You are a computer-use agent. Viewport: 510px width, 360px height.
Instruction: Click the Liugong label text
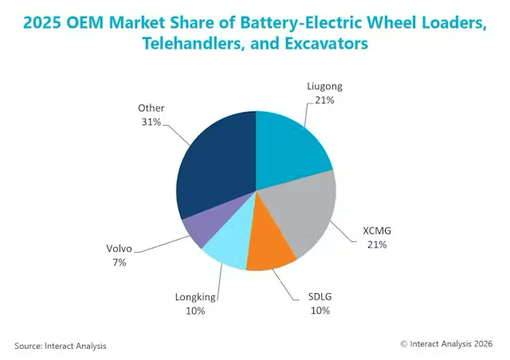324,86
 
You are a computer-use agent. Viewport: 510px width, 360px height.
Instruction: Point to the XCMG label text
377,230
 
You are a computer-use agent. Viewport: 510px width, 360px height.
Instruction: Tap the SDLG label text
320,296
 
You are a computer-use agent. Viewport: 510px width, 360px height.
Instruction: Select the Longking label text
195,297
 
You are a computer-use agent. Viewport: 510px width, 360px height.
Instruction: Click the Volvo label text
119,248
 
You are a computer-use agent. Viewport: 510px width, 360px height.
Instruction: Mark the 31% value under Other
151,122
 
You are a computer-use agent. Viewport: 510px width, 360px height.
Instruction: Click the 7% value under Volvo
120,263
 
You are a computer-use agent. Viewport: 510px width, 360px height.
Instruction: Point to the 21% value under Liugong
324,100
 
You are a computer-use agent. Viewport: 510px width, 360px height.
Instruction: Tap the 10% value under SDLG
320,311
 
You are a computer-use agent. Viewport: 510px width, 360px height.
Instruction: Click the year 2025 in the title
42,23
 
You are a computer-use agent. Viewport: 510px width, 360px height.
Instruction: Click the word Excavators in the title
326,43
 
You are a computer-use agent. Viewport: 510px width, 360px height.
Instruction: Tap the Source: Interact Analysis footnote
61,346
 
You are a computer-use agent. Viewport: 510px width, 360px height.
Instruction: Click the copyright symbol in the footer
404,344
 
